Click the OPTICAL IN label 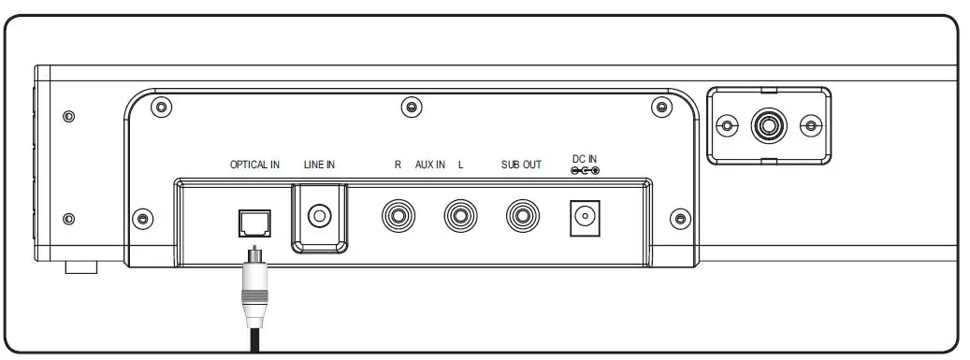tap(255, 165)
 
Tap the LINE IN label tap(319, 165)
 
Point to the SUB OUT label tap(521, 165)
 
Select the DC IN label tap(584, 158)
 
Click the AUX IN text tap(429, 165)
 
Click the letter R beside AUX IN tap(398, 165)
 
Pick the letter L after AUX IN tap(460, 165)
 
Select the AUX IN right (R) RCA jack tap(398, 217)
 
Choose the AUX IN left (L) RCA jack tap(460, 217)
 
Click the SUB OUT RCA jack tap(522, 217)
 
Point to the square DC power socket tap(585, 218)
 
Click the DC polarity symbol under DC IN tap(584, 170)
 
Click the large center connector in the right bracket tap(768, 124)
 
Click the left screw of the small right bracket tap(726, 125)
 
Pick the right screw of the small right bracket tap(810, 125)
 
